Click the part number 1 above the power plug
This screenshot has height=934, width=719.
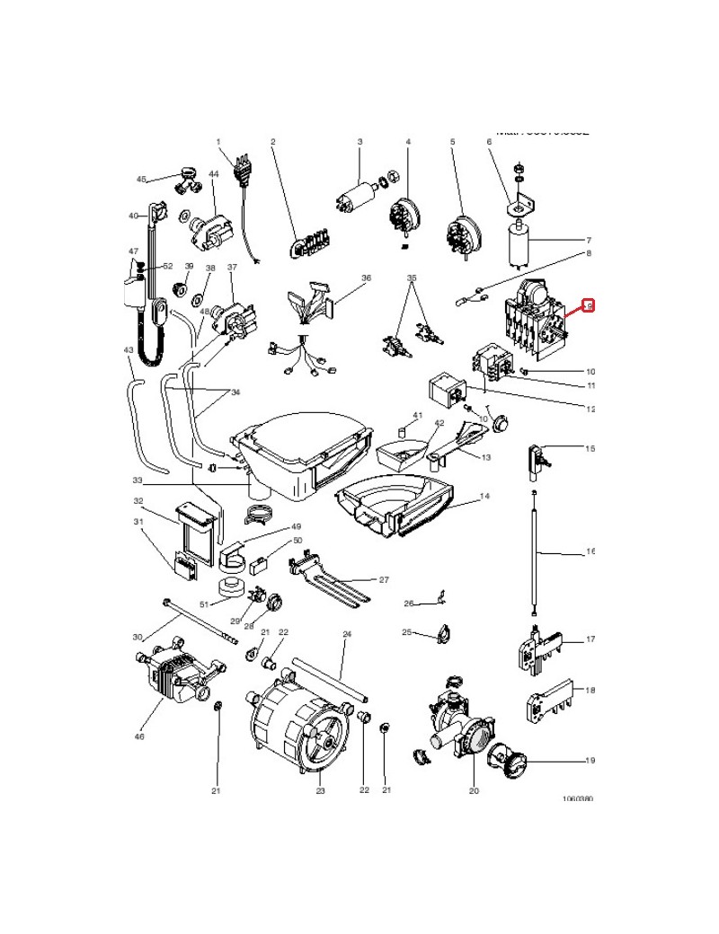(x=218, y=142)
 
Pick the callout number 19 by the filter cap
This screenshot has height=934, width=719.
(x=590, y=761)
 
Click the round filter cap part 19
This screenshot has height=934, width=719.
(x=514, y=762)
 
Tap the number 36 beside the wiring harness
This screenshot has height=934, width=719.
(x=366, y=278)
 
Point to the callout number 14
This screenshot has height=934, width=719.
(x=484, y=496)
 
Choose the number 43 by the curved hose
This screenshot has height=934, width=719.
(x=129, y=350)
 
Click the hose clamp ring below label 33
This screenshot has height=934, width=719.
(x=258, y=516)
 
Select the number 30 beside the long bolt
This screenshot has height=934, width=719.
(x=138, y=637)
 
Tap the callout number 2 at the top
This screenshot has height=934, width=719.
(x=272, y=142)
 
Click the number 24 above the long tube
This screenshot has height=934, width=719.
(x=345, y=633)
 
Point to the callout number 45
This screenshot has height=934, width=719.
(x=141, y=180)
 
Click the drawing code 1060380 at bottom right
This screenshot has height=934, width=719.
(x=577, y=797)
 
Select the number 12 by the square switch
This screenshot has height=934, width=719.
(x=590, y=409)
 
